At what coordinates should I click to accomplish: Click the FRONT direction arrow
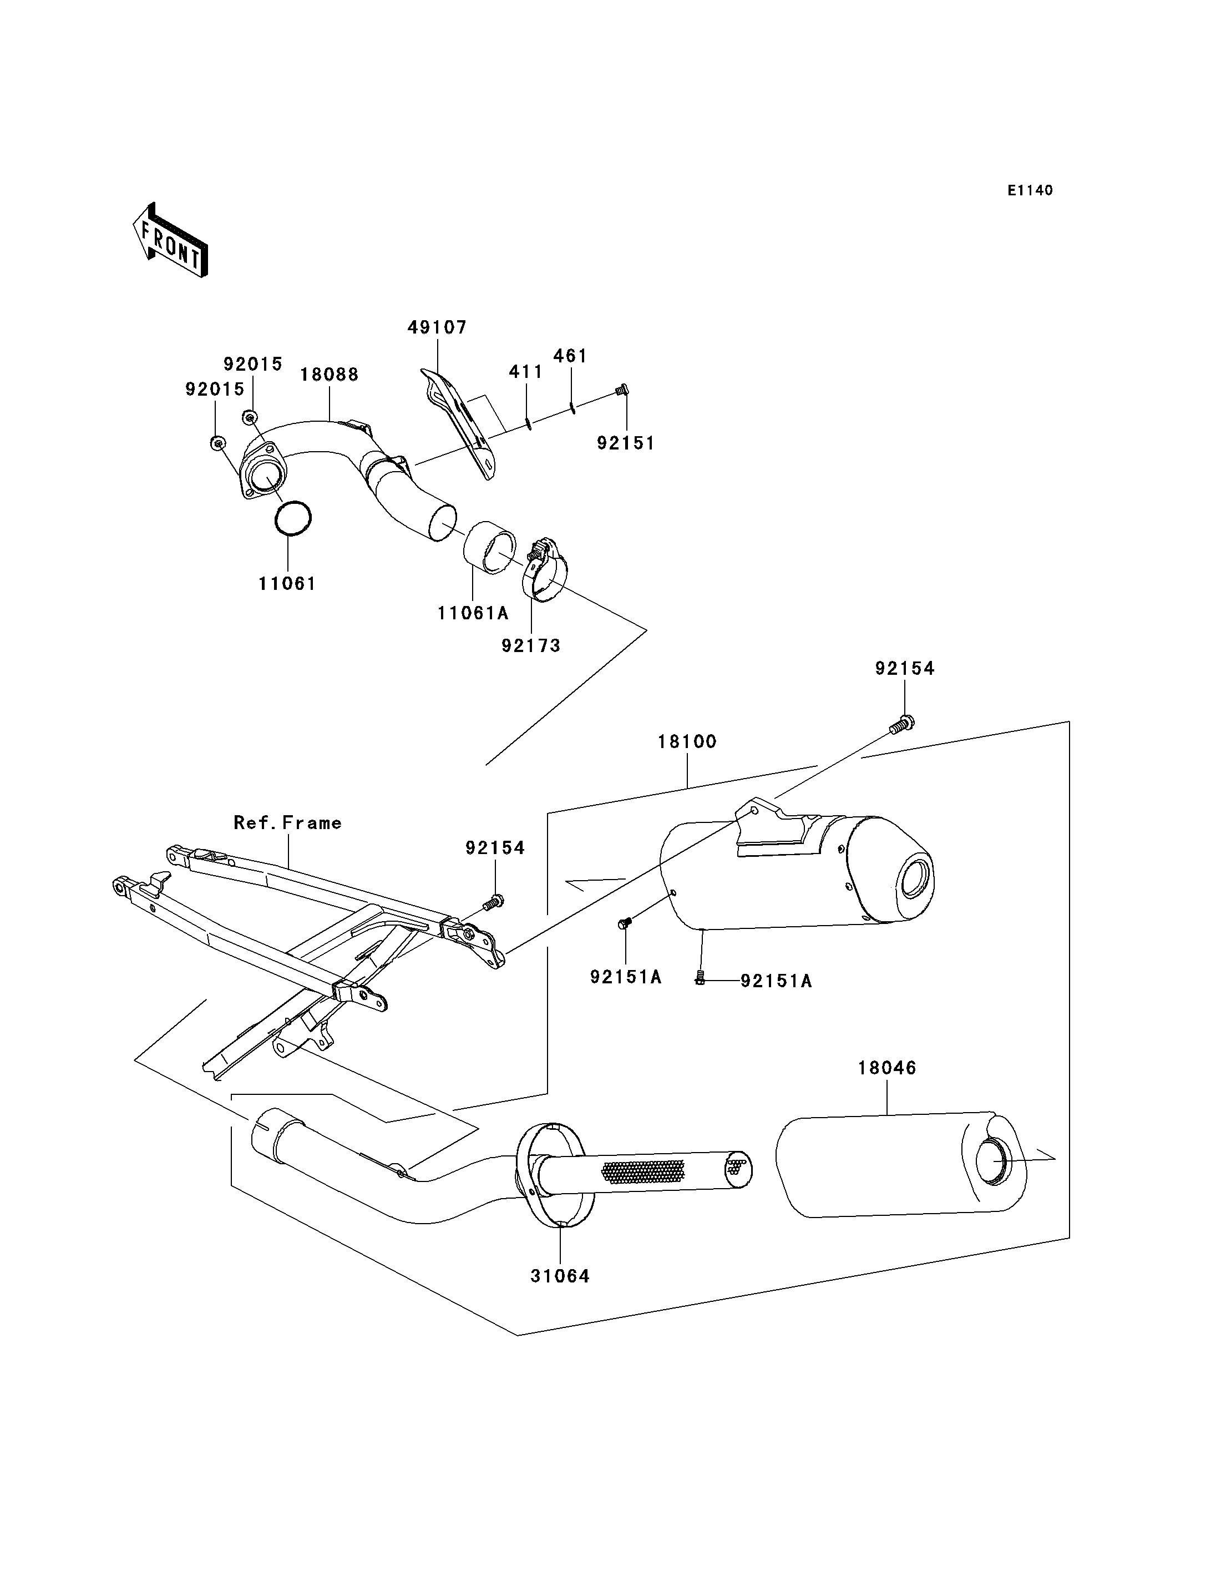(x=171, y=241)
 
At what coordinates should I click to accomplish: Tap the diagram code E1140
(x=1030, y=190)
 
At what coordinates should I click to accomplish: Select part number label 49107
(x=437, y=327)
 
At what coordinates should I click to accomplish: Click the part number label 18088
(x=330, y=375)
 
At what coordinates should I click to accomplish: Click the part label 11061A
(x=473, y=613)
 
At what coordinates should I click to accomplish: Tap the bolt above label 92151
(x=621, y=390)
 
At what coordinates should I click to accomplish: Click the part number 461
(x=570, y=356)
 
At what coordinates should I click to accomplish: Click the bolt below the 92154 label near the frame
(x=493, y=902)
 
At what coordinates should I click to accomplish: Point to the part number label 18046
(x=888, y=1068)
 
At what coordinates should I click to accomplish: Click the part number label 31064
(x=560, y=1276)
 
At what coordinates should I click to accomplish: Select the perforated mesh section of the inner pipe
(x=644, y=1171)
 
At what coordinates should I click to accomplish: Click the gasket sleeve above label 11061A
(x=489, y=547)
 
